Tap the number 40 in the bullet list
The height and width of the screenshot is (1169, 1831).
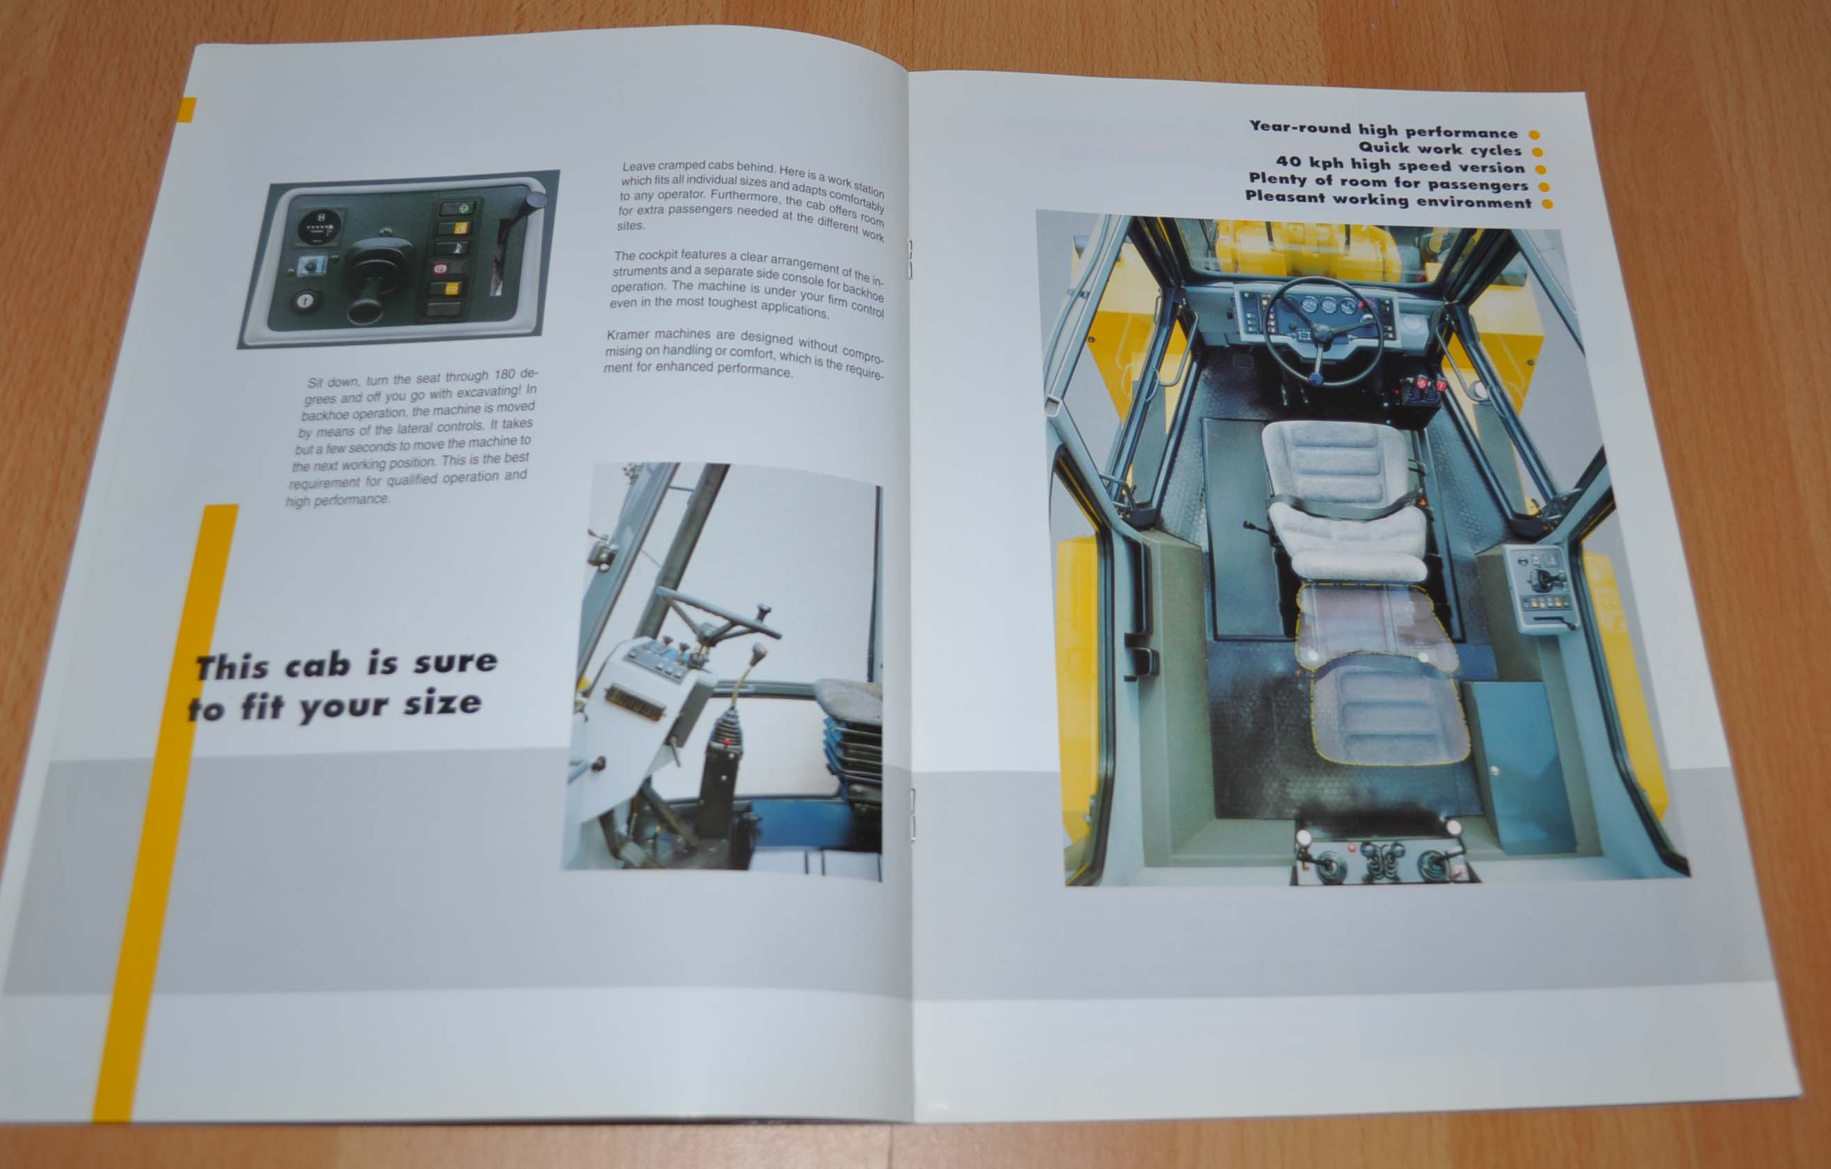(1289, 161)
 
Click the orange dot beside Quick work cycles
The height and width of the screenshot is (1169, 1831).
(1537, 152)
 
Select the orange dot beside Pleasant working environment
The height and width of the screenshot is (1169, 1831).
(1547, 204)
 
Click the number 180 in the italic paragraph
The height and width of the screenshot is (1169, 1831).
(505, 375)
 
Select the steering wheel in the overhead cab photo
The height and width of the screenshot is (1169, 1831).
(1323, 329)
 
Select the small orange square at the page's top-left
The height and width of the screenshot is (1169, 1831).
(186, 109)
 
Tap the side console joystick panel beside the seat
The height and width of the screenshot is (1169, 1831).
(1542, 586)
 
